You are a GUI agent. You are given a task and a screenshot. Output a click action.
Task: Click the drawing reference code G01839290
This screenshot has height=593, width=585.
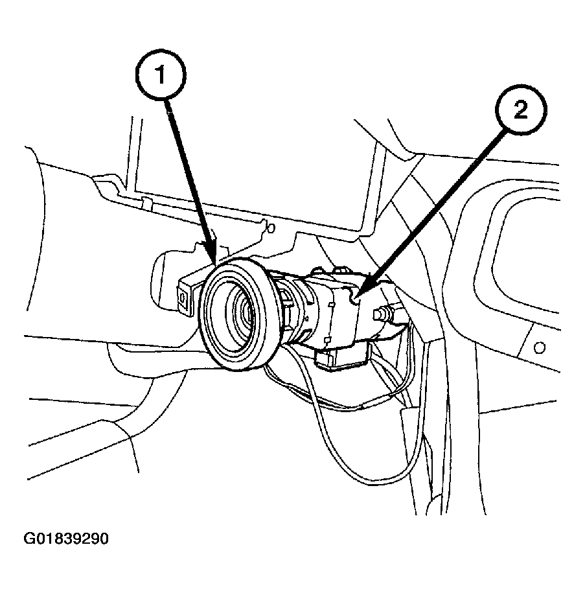pos(67,539)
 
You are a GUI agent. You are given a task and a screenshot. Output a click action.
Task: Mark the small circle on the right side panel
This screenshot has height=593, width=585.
pos(538,346)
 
